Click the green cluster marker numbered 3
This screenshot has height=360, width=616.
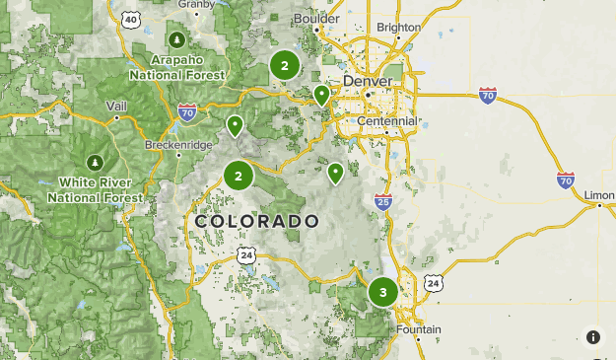(383, 292)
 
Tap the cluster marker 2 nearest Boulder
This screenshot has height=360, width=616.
(285, 66)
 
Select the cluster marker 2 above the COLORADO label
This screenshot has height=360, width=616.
(239, 176)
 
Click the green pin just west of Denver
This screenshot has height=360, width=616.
(321, 95)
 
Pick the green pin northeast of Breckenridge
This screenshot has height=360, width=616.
(235, 125)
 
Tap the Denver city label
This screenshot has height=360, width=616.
(367, 81)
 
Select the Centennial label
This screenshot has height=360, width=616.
(387, 121)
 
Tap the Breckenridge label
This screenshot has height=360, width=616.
(178, 145)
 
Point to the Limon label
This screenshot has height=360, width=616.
(598, 194)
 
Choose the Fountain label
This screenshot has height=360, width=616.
(418, 329)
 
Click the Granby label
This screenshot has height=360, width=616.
(196, 4)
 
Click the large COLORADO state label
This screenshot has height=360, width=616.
(256, 221)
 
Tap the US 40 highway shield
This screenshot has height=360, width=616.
(131, 19)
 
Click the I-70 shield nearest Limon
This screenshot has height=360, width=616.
(565, 180)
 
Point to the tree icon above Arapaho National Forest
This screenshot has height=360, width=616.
(176, 39)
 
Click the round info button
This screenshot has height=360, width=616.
(593, 337)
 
